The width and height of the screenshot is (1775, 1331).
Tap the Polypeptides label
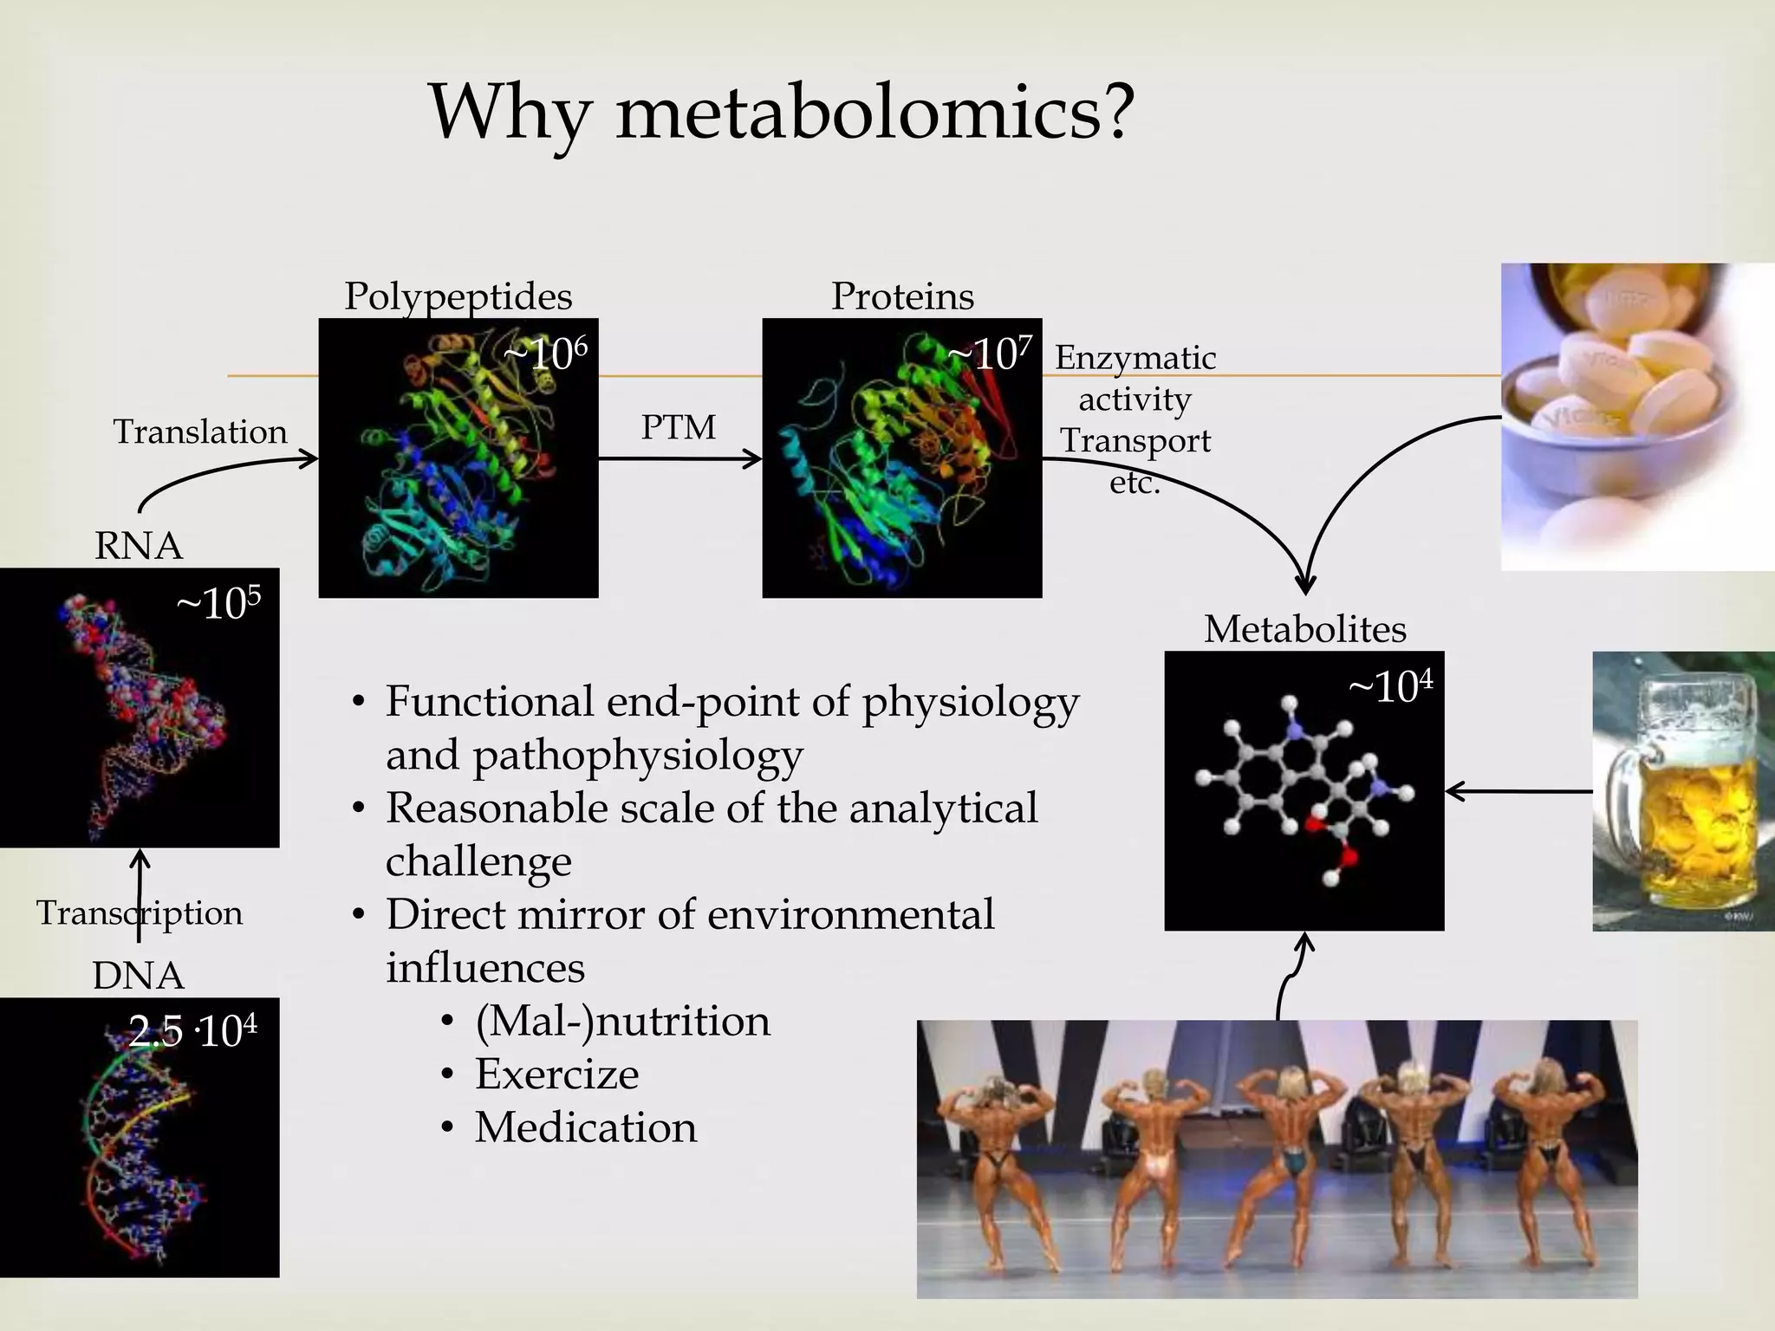tap(458, 296)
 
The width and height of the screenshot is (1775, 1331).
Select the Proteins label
tap(902, 296)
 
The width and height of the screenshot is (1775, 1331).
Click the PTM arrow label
tap(678, 427)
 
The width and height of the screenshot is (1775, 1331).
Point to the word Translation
tap(200, 432)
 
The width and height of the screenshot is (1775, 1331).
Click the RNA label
tap(139, 546)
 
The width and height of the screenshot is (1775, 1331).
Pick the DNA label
tap(139, 976)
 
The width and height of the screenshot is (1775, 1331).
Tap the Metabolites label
tap(1304, 629)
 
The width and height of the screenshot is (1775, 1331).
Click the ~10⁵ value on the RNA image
tap(218, 603)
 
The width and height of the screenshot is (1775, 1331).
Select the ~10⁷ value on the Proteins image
tap(989, 354)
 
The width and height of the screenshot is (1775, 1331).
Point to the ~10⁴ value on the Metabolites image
tap(1390, 688)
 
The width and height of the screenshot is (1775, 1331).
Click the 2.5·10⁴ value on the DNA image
tap(192, 1031)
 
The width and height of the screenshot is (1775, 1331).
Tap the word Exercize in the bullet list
tap(556, 1075)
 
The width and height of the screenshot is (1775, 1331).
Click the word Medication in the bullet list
tap(586, 1127)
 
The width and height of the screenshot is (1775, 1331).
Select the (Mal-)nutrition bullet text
tap(622, 1021)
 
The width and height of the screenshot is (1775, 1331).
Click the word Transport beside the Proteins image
tap(1135, 441)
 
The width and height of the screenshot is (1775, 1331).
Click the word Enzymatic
tap(1135, 358)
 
